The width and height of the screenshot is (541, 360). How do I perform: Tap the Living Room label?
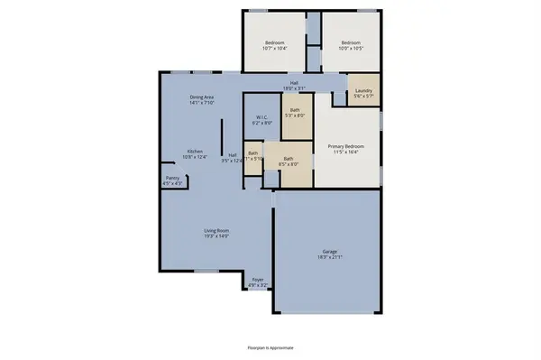coord(215,231)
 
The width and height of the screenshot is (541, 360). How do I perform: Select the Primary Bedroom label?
coord(346,146)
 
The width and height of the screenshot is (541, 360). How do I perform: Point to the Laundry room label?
coord(364,90)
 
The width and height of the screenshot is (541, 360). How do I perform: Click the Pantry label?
coord(171,178)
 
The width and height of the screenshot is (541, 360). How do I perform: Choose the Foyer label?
coord(257,280)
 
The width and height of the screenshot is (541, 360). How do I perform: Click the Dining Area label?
coord(201,97)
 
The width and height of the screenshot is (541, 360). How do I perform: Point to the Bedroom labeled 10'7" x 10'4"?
coord(275,42)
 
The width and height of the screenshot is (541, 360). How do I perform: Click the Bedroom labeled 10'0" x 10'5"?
coord(351,42)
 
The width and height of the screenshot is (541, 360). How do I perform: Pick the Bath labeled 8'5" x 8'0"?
coord(289,159)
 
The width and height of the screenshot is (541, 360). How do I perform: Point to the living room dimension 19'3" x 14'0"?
coord(215,236)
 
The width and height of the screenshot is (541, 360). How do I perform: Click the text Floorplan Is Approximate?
coord(270,346)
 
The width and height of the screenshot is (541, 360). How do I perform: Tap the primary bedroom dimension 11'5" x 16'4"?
coord(346,152)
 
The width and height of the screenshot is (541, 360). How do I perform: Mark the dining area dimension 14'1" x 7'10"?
coord(201,103)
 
